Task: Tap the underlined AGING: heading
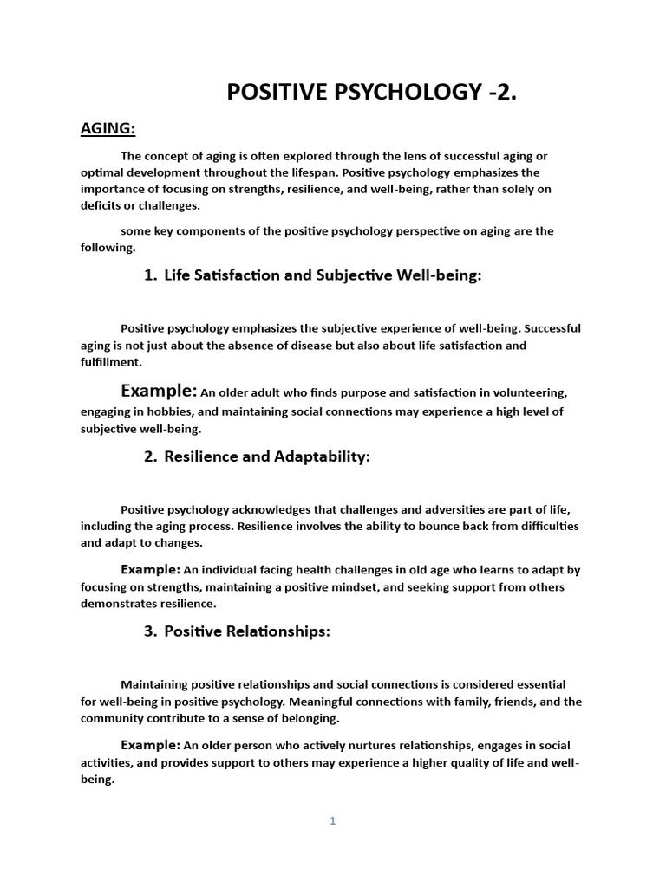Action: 108,129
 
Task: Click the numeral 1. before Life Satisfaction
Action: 150,275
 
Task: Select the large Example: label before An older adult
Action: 159,390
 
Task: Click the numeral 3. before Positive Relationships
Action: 150,631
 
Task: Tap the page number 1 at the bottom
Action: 332,821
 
